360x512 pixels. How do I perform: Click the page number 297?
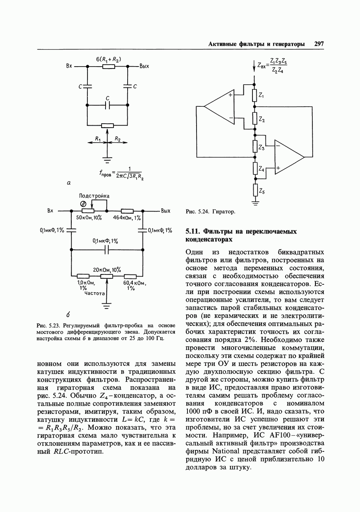(319, 44)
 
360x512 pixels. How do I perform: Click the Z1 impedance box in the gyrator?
(255, 95)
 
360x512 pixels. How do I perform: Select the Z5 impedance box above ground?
(255, 191)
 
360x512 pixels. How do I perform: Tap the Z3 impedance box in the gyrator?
(255, 147)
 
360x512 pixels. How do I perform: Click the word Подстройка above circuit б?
(95, 196)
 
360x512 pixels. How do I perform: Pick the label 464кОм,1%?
(127, 218)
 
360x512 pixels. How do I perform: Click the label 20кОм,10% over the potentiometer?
(107, 269)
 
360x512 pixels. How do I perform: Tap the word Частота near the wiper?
(95, 293)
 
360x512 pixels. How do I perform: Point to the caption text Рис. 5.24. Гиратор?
(210, 212)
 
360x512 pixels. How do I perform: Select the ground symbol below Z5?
(255, 203)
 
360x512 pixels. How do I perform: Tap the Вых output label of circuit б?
(165, 211)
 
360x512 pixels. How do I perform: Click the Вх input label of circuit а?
(69, 66)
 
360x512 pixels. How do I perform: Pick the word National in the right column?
(226, 450)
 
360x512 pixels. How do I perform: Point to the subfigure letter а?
(69, 182)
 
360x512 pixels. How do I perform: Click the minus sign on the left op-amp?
(231, 117)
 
